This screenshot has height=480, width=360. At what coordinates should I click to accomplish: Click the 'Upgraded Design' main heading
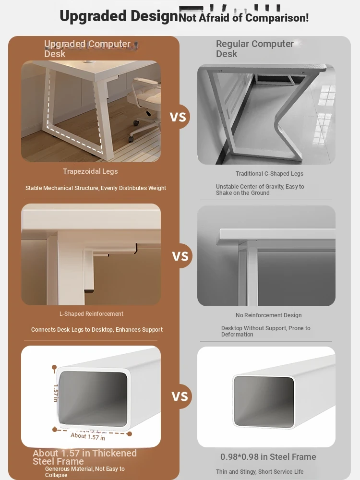coord(119,16)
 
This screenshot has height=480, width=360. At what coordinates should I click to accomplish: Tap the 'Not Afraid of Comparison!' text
coord(244,18)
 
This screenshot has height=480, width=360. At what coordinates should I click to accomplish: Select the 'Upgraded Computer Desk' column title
coord(87,48)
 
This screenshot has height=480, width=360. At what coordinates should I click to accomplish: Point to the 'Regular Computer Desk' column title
coord(255,48)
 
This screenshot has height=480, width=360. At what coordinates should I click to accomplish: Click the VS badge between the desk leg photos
coord(178,117)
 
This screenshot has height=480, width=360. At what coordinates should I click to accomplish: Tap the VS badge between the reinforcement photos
coord(180,256)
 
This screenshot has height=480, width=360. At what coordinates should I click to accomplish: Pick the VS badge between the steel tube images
coord(180,396)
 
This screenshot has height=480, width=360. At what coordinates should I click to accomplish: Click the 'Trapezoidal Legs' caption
coord(90,171)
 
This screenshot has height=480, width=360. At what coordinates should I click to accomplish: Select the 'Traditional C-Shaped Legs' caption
coord(269,174)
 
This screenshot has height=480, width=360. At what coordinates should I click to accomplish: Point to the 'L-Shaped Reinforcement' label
coord(91,314)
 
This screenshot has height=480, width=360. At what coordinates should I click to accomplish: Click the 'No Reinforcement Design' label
coord(268,315)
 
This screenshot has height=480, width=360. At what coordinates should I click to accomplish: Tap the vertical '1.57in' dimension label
coord(55,394)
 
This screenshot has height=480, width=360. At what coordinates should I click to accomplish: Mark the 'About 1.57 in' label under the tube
coord(88,436)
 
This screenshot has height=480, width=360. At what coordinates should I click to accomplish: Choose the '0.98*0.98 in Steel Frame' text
coord(268,457)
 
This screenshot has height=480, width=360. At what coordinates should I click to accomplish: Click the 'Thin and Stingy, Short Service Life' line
coord(260,472)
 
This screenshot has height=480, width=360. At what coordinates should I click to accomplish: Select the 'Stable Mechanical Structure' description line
coord(96,188)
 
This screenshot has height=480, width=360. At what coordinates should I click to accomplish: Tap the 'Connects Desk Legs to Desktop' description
coord(97,330)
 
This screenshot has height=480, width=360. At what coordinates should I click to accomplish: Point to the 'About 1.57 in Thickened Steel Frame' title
coord(85,457)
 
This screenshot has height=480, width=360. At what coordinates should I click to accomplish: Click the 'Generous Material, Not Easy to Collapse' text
coord(85,472)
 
